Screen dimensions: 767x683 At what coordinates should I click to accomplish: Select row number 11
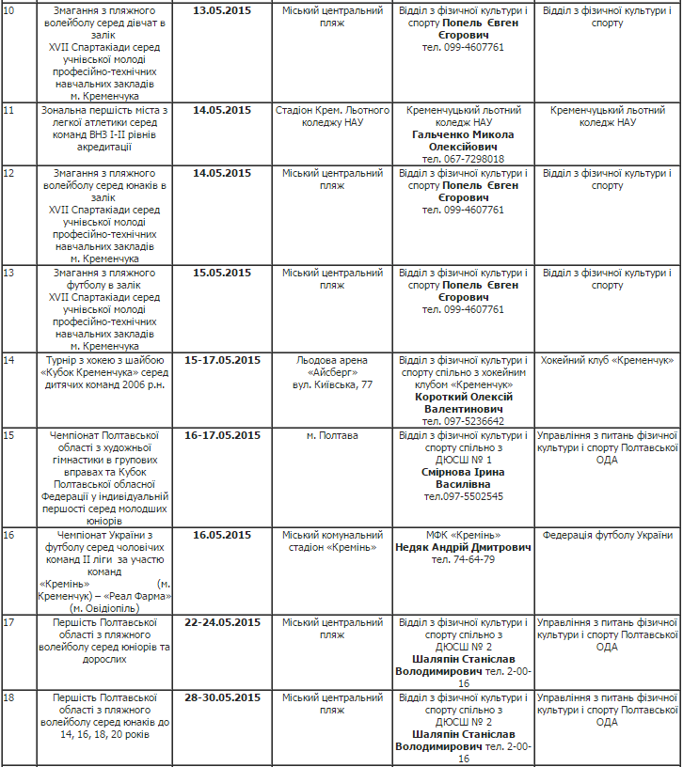click(x=9, y=110)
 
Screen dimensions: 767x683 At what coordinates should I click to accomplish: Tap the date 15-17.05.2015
click(x=222, y=360)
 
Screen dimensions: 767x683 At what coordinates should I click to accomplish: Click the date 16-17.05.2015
click(x=222, y=435)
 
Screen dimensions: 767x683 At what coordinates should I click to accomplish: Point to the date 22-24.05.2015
click(x=222, y=622)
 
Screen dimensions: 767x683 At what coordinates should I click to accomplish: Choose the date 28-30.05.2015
click(x=222, y=697)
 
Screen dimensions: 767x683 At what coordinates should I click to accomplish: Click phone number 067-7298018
click(x=463, y=159)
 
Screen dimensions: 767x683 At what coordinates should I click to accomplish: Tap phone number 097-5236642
click(x=463, y=421)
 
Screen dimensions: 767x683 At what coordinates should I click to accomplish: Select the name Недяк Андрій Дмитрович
click(x=463, y=547)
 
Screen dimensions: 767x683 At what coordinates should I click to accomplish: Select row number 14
click(x=9, y=360)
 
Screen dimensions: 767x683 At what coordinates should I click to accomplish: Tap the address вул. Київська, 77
click(x=332, y=384)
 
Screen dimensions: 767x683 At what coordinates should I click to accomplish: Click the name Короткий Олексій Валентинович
click(x=463, y=402)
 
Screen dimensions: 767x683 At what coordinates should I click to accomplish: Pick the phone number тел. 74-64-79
click(x=463, y=559)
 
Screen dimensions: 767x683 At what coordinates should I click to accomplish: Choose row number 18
click(x=9, y=697)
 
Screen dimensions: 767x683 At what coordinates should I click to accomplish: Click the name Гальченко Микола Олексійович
click(x=463, y=140)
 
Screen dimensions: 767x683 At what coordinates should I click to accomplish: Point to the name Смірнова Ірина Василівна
click(x=463, y=477)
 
